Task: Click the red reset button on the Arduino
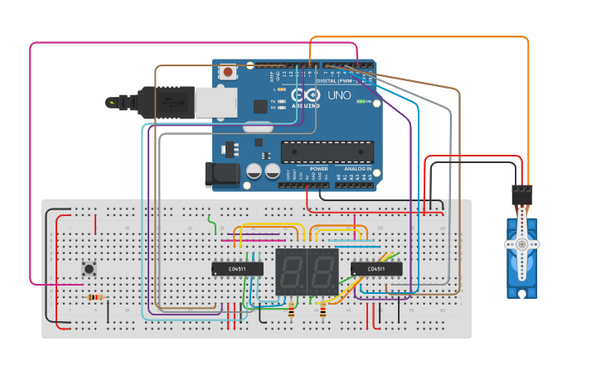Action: pyautogui.click(x=227, y=72)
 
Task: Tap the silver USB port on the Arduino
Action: pyautogui.click(x=216, y=102)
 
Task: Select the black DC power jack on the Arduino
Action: pyautogui.click(x=221, y=173)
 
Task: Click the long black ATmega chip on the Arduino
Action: pyautogui.click(x=327, y=151)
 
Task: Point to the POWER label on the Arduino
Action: pyautogui.click(x=319, y=168)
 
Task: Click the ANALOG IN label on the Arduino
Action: pyautogui.click(x=357, y=168)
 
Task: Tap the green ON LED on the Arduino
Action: pyautogui.click(x=361, y=101)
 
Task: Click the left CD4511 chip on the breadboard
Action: pyautogui.click(x=237, y=268)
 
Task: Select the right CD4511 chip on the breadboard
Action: pyautogui.click(x=376, y=268)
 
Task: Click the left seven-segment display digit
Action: pyautogui.click(x=291, y=271)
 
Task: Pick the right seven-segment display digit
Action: pyautogui.click(x=322, y=271)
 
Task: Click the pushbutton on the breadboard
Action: pyautogui.click(x=89, y=268)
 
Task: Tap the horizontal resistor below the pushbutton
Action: pyautogui.click(x=95, y=297)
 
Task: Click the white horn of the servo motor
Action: pyautogui.click(x=521, y=244)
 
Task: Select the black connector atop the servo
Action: pyautogui.click(x=521, y=195)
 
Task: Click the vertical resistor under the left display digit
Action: pyautogui.click(x=291, y=311)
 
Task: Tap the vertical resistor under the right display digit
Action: pyautogui.click(x=322, y=311)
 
